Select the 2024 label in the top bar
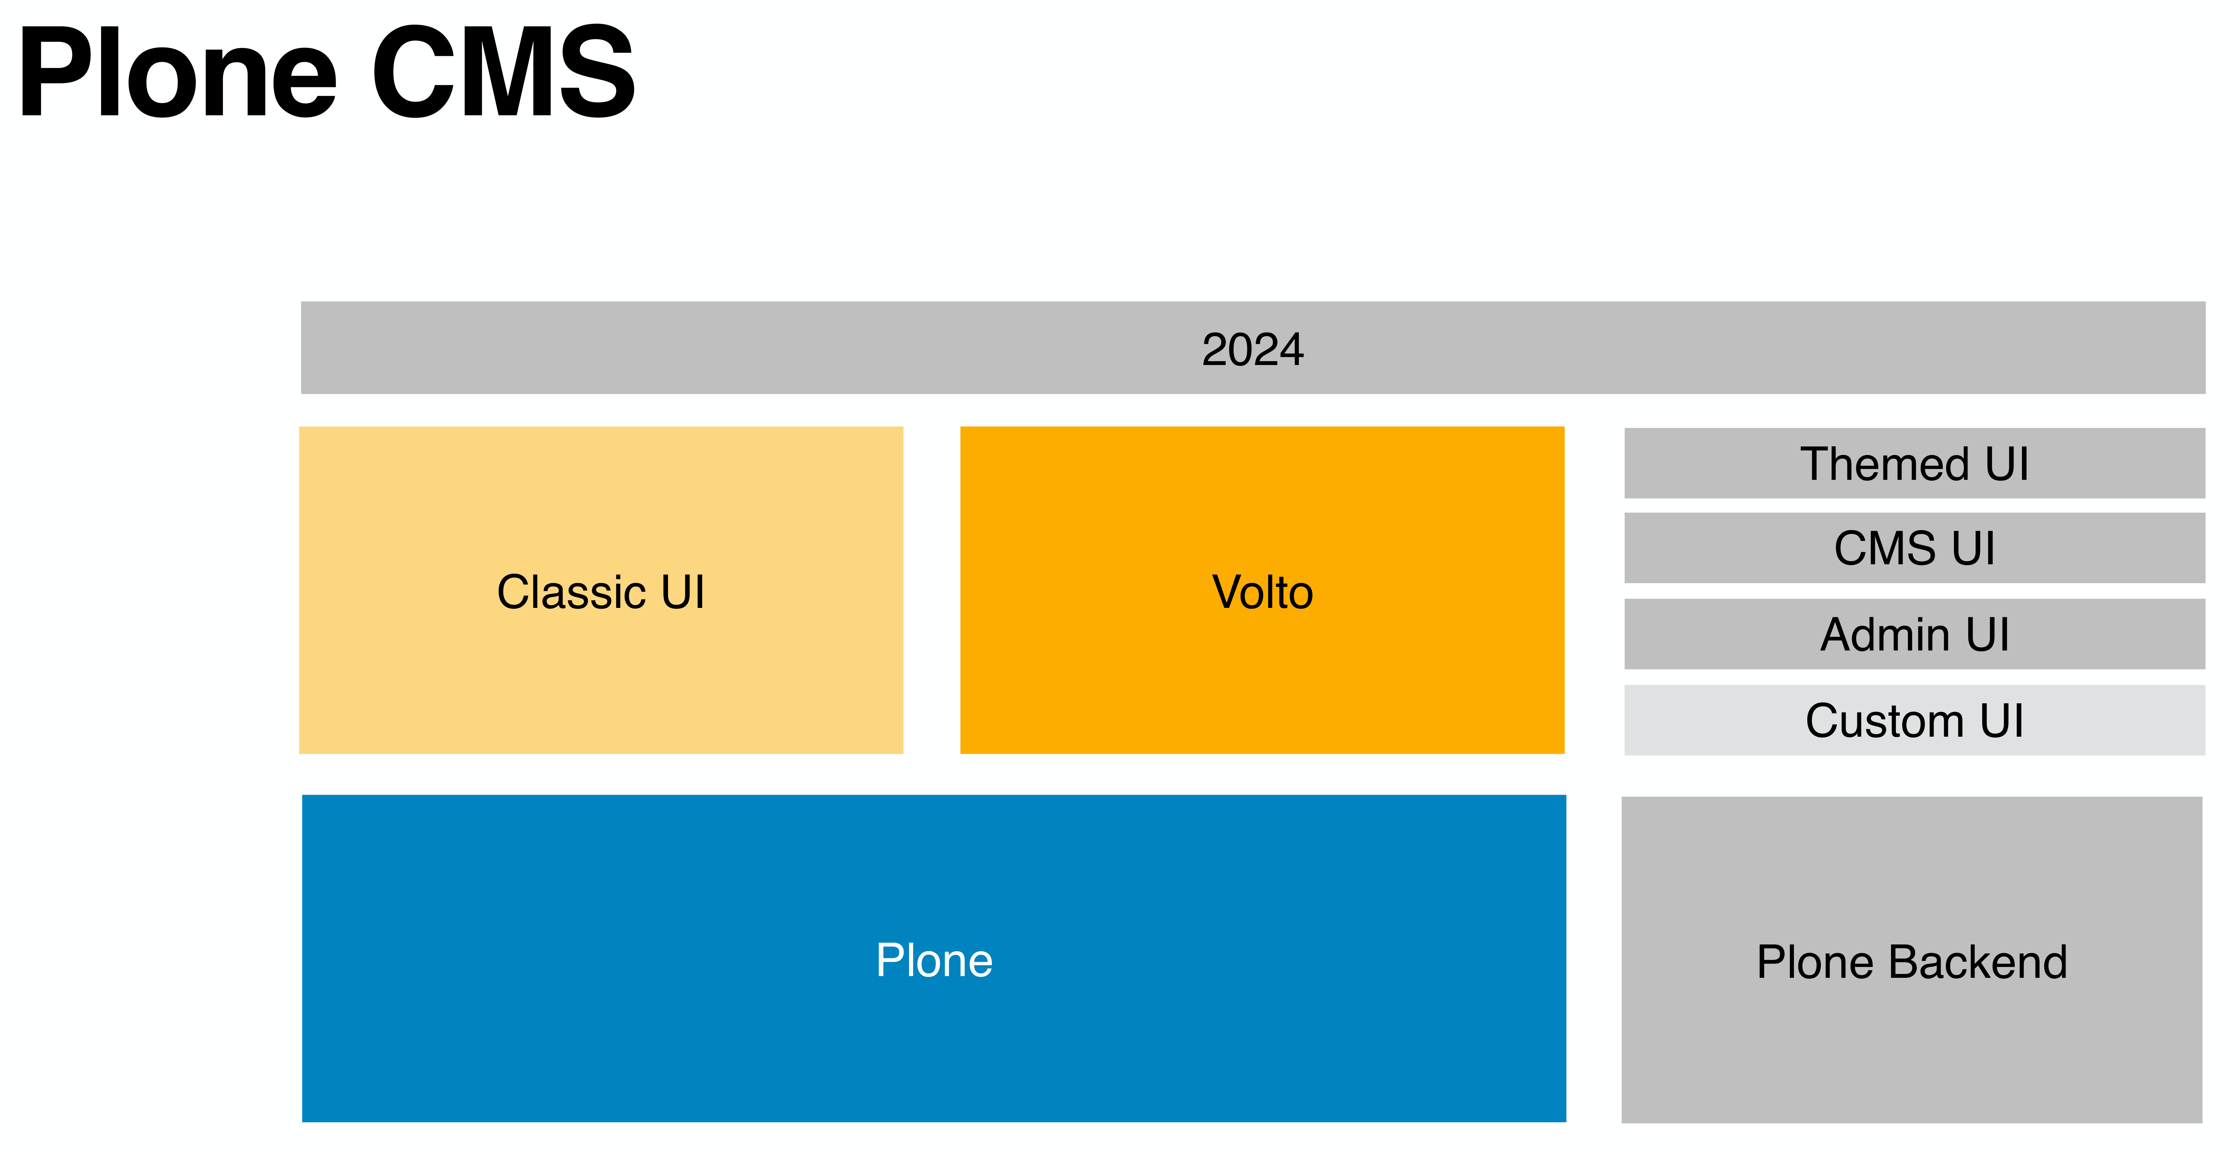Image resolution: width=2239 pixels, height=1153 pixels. click(x=1252, y=349)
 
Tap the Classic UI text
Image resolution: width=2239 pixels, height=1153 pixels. click(x=601, y=592)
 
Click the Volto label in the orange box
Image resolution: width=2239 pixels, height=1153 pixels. click(x=1262, y=592)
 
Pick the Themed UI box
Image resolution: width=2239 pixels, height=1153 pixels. click(x=1914, y=463)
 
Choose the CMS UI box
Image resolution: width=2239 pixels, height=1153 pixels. click(x=1914, y=548)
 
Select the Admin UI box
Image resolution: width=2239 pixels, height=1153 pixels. click(x=1914, y=634)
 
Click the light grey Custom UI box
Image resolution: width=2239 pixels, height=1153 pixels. click(x=1914, y=720)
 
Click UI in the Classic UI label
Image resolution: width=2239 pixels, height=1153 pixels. click(x=682, y=592)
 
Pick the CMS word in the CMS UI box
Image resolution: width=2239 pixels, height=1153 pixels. click(x=1884, y=548)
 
